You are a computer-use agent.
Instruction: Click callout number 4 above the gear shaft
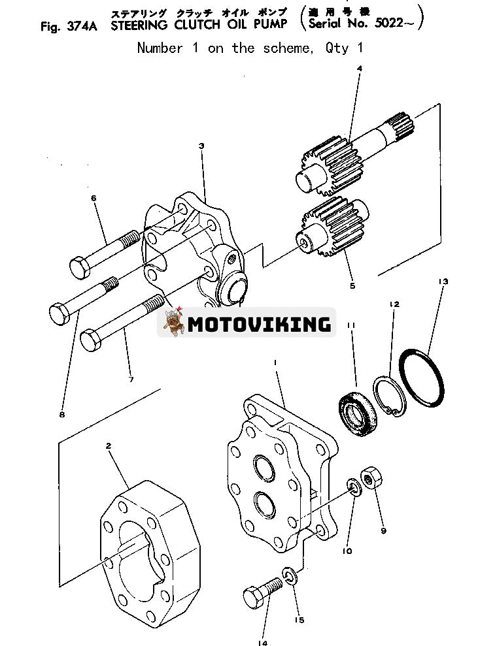pos(359,68)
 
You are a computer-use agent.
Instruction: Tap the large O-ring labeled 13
pos(422,377)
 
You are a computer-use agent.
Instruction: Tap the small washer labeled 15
pos(290,577)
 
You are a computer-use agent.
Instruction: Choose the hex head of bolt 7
pos(91,340)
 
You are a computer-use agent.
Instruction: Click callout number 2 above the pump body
pos(108,446)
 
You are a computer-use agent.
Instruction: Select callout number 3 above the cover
pos(201,146)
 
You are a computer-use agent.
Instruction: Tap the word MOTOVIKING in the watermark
pos(259,323)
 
